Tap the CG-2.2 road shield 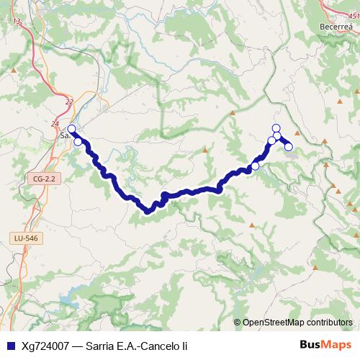click(x=44, y=178)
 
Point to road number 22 click(x=69, y=103)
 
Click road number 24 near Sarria click(x=55, y=124)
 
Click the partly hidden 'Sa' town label click(x=63, y=134)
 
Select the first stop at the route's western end click(x=71, y=130)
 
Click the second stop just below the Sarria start click(x=78, y=141)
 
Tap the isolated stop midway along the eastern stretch click(x=255, y=166)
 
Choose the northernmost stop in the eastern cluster click(x=276, y=127)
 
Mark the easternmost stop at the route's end click(x=289, y=147)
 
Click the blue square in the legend click(x=9, y=346)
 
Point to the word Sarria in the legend click(x=100, y=346)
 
